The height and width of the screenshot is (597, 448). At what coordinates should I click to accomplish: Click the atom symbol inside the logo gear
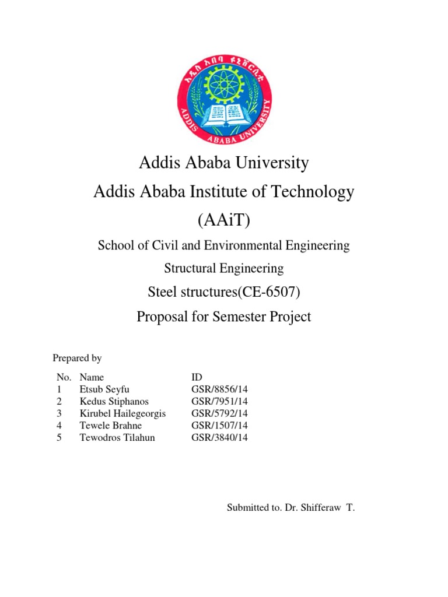tap(225, 78)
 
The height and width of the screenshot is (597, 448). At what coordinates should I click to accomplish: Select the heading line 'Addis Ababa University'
tap(224, 163)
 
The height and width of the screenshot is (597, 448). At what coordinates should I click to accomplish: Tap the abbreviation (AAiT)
tap(224, 220)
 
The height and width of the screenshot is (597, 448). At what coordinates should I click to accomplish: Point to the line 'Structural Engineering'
tap(224, 269)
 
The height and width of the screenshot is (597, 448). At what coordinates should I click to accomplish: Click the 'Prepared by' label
tap(77, 358)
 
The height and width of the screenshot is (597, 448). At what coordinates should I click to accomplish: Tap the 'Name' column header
tap(92, 377)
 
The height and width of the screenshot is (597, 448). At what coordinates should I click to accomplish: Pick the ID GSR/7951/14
tap(219, 402)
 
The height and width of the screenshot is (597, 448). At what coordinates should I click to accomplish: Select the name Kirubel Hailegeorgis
tap(123, 413)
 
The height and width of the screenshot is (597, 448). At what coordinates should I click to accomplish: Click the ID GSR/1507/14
tap(219, 426)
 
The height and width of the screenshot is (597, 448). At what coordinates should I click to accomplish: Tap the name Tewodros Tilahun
tap(117, 437)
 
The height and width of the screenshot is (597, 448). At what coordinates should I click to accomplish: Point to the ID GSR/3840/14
tap(219, 437)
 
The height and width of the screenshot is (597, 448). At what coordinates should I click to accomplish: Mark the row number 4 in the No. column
tap(60, 426)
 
